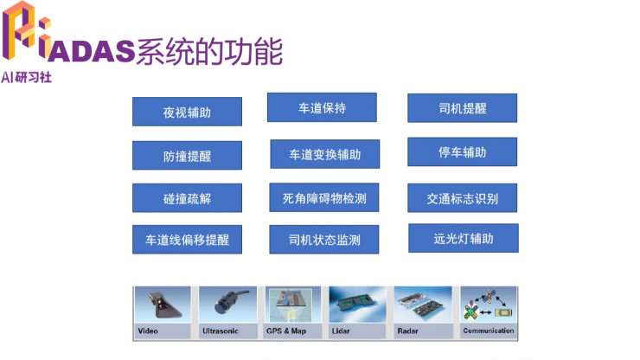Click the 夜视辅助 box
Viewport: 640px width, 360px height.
pos(187,112)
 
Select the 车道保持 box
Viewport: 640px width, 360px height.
pos(322,108)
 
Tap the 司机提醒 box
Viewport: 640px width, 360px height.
pos(462,108)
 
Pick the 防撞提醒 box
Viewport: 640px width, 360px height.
pos(187,156)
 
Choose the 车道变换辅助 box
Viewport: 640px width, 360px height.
pos(324,154)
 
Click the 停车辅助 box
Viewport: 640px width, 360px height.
pos(462,152)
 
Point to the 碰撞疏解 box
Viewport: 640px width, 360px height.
pos(187,198)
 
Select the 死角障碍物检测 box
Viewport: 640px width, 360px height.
pos(324,198)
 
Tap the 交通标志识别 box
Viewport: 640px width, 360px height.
pos(462,198)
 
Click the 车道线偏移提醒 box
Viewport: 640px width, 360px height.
pos(187,240)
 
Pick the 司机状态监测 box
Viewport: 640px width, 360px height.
pos(324,240)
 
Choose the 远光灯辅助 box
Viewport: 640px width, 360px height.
pos(463,238)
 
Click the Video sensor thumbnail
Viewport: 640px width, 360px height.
pos(164,312)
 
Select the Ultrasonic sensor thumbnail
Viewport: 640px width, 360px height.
pos(228,312)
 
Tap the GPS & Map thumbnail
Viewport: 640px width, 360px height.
pos(294,312)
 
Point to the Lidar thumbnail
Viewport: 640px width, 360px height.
pos(359,312)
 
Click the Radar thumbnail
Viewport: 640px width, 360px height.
pos(424,312)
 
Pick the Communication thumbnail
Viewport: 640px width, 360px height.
pos(489,312)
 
